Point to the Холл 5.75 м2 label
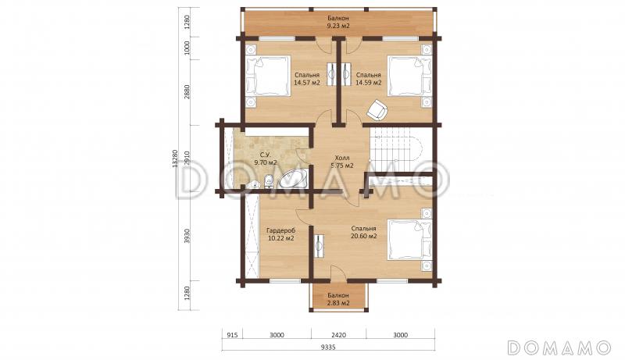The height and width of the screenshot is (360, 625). [342, 162]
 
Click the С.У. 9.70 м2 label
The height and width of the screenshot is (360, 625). [266, 159]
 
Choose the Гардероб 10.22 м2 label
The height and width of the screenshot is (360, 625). [281, 234]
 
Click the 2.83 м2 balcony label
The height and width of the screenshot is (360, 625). [338, 299]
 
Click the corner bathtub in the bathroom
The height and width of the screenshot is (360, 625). [293, 179]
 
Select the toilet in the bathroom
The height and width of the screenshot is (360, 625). [268, 181]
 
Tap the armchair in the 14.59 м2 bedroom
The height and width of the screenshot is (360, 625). [377, 109]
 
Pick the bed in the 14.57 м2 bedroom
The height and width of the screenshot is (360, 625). [268, 76]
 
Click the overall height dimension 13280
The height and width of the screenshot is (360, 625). [174, 159]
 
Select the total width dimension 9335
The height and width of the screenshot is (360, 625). [328, 348]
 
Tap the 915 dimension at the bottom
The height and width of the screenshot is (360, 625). [232, 335]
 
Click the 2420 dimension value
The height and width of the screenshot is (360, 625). [338, 335]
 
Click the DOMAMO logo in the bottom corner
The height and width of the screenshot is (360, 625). [559, 348]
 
